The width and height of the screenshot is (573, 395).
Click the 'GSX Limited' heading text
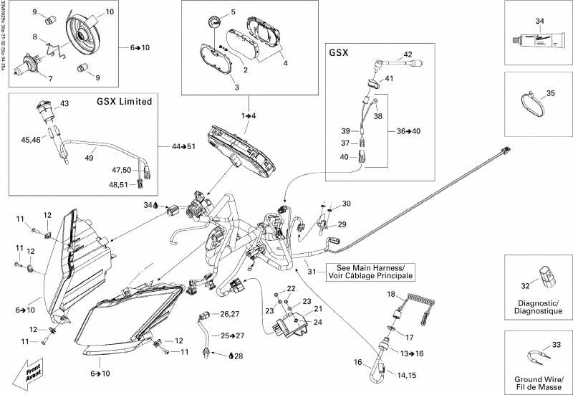click(x=124, y=101)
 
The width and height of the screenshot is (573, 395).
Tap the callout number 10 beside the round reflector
click(x=110, y=13)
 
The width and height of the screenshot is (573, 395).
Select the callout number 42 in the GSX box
click(x=408, y=54)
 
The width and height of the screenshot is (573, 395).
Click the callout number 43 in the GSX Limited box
click(x=64, y=104)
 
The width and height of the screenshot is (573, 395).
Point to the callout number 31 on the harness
click(x=311, y=270)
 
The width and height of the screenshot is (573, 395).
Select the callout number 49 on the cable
click(x=90, y=158)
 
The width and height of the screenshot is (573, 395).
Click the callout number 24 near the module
click(x=317, y=322)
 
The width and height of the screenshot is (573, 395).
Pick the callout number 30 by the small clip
click(x=346, y=204)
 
